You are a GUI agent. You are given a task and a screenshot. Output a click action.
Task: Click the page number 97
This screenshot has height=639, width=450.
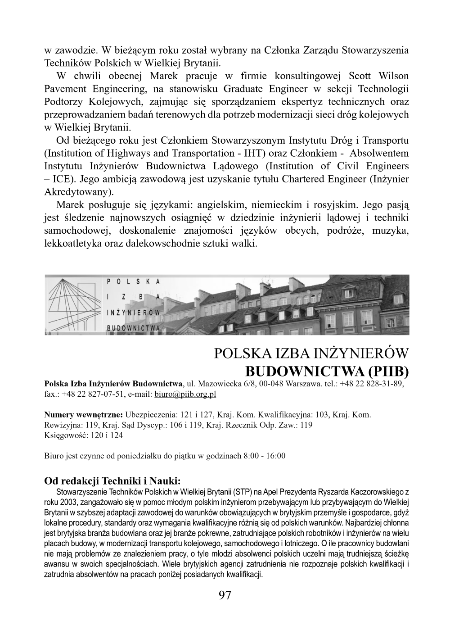pyautogui.click(x=225, y=595)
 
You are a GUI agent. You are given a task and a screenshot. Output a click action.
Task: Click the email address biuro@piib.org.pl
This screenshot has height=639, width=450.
pyautogui.click(x=185, y=394)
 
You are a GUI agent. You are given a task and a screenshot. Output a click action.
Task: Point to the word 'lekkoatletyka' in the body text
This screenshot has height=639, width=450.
pyautogui.click(x=70, y=244)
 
